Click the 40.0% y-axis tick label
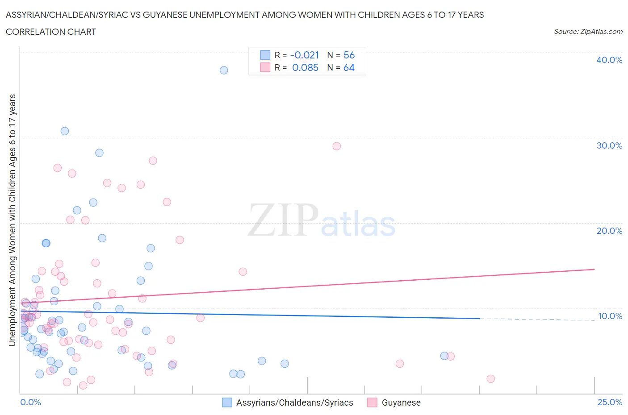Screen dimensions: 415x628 [609, 60]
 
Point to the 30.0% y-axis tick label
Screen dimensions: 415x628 [609, 145]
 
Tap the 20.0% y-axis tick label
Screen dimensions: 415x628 [609, 231]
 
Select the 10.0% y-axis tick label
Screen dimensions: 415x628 [610, 316]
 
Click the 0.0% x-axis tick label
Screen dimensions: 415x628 [30, 402]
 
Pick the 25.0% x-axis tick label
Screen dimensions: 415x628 [610, 402]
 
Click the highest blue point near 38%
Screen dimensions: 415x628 [224, 70]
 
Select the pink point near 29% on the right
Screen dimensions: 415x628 [337, 146]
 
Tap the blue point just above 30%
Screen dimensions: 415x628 [65, 131]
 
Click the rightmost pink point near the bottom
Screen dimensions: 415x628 [490, 379]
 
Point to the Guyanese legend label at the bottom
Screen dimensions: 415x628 [401, 403]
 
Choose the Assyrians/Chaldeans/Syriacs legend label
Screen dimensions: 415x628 [294, 403]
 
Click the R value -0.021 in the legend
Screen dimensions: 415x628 [305, 55]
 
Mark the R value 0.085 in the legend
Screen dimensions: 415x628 [305, 67]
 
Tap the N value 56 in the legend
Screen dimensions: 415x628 [349, 55]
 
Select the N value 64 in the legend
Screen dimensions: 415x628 [349, 67]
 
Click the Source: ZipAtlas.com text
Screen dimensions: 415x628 [588, 32]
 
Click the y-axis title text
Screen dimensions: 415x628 [12, 220]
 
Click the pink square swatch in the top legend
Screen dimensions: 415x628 [265, 67]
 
